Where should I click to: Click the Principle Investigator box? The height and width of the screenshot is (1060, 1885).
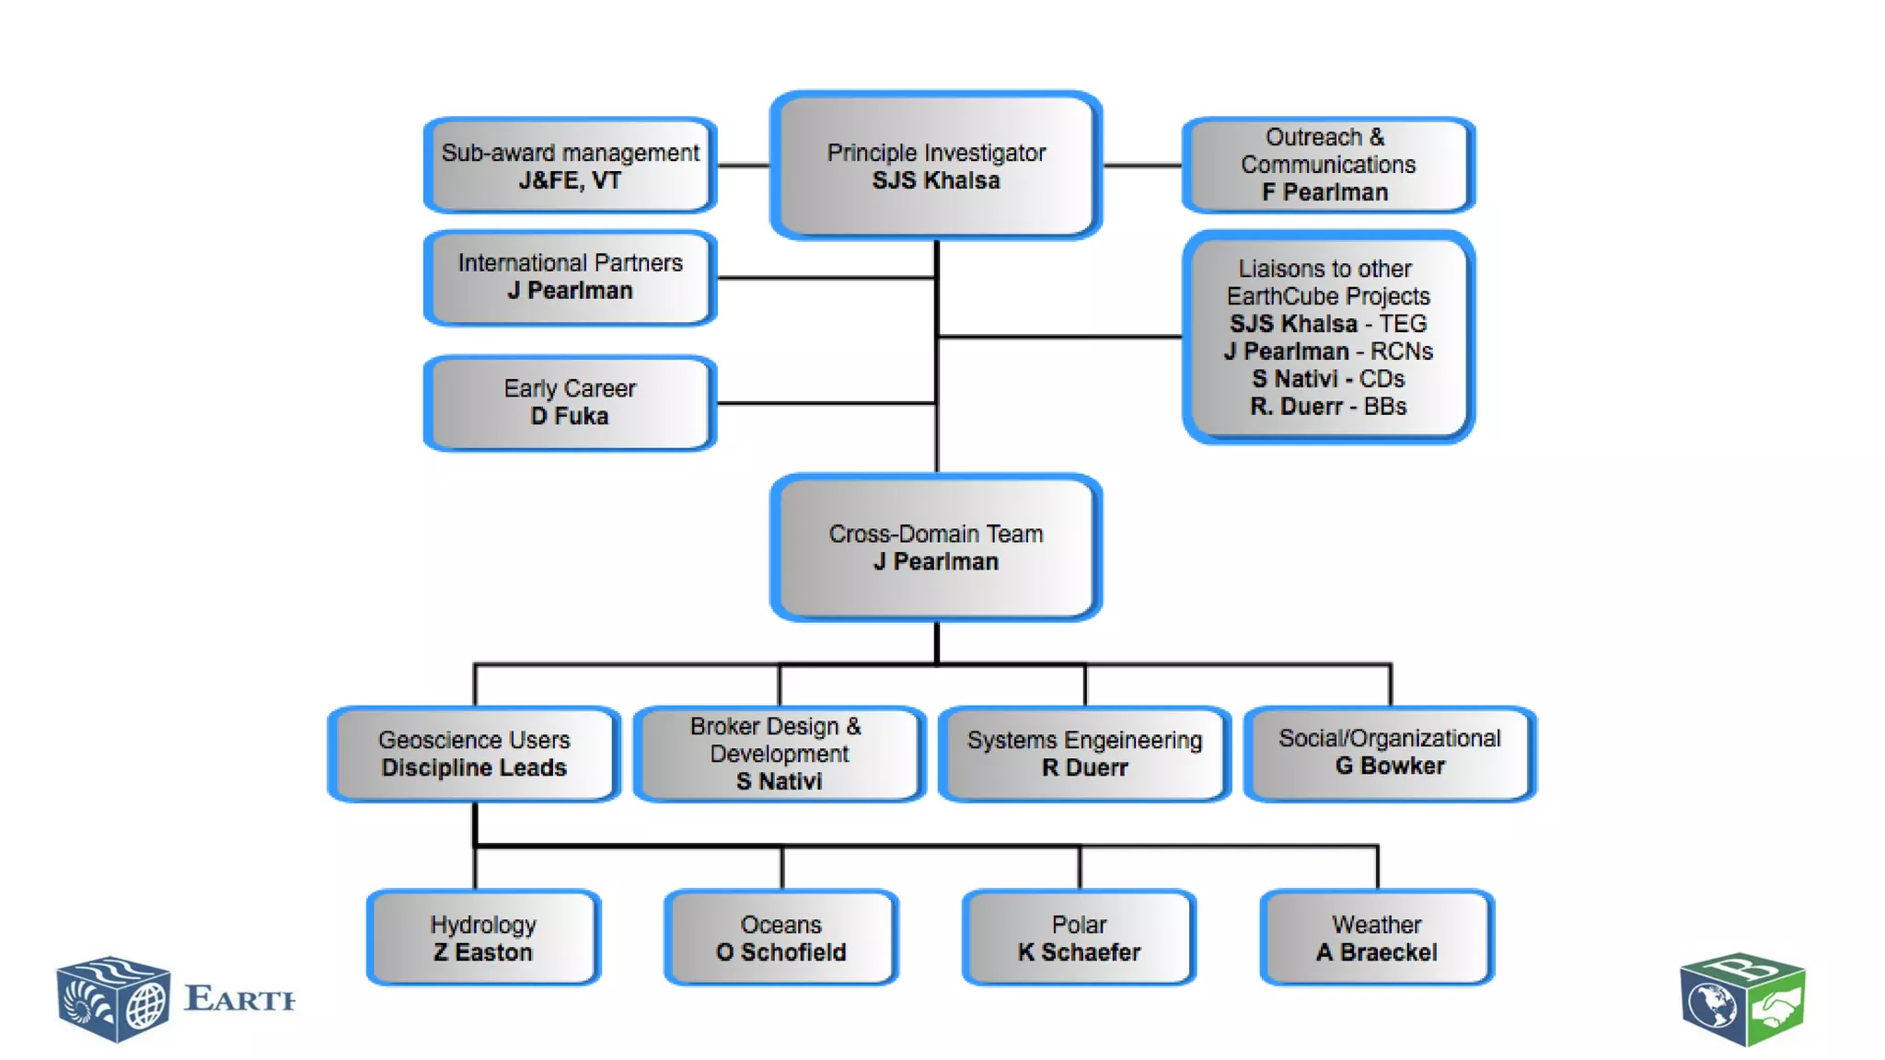point(936,166)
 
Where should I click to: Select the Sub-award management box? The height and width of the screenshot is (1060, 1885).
point(570,166)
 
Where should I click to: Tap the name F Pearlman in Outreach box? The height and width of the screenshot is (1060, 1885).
point(1324,192)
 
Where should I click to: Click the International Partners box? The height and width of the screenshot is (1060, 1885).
point(570,277)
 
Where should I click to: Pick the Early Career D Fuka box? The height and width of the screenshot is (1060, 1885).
point(570,402)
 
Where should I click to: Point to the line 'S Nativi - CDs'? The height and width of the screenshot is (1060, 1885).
point(1327,379)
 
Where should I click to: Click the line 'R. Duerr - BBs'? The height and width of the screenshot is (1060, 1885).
point(1327,407)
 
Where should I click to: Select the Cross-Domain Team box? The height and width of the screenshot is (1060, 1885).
point(936,547)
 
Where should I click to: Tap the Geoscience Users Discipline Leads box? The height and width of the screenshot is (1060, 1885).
point(474,754)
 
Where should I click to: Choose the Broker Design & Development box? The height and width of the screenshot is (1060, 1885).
point(779,754)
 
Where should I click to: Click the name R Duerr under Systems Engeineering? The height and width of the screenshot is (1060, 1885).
point(1084,768)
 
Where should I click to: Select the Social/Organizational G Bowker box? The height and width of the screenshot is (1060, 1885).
point(1389,753)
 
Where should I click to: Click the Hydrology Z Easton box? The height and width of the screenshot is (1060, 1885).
point(483,938)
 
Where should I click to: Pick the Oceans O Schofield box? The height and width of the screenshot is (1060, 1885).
point(781,938)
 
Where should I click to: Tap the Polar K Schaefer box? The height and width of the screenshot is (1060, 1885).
point(1079,938)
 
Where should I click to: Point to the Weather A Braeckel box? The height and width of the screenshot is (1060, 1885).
point(1376,938)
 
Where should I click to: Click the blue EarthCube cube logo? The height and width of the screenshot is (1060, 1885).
point(113,999)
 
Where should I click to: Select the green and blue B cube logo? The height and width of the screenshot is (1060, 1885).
point(1742,1000)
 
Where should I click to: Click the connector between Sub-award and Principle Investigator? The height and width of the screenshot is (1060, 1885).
point(743,166)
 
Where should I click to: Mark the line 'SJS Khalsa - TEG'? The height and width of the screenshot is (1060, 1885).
point(1327,324)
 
